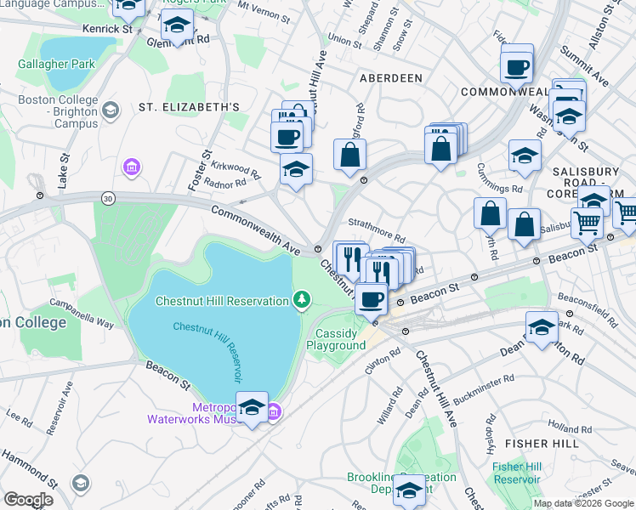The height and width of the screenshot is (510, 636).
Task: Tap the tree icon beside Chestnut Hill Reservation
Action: point(301,300)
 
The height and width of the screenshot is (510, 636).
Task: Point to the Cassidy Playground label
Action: point(336,339)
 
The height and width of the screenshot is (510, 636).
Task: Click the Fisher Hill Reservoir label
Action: point(516,473)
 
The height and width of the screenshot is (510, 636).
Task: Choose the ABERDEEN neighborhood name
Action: point(390,77)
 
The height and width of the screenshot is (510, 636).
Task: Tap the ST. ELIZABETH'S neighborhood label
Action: point(189,106)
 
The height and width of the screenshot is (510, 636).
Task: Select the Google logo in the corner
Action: point(28,499)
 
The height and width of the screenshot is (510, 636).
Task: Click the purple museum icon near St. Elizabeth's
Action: point(131,166)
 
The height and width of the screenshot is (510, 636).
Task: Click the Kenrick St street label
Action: point(107,29)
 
